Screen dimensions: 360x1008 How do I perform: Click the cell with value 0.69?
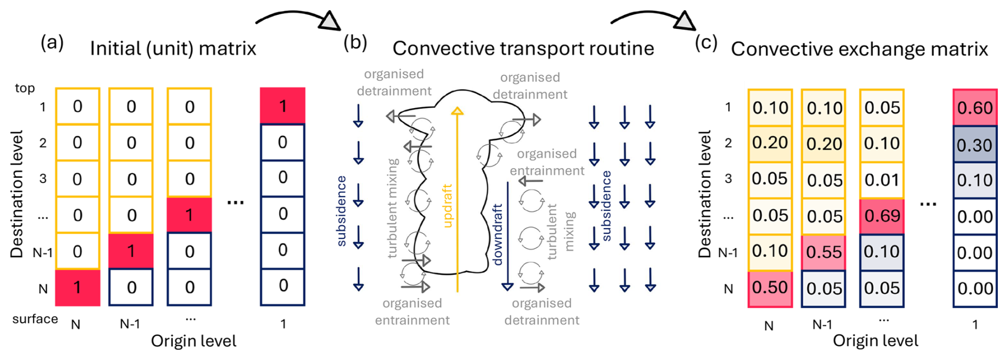pos(882,216)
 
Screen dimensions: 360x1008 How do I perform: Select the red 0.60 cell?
pos(974,108)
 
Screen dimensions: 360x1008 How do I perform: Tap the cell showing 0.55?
pos(823,252)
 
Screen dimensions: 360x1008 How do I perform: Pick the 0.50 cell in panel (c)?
pos(770,288)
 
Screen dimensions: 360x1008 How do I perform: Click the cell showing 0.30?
pos(974,144)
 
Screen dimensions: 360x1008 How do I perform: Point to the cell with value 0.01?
pos(882,180)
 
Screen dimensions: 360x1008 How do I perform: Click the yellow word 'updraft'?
pos(447,206)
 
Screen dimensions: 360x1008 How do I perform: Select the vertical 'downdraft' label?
pos(498,234)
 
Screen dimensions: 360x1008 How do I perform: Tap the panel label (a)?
pos(52,42)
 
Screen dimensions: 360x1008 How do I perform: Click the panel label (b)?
pos(355,42)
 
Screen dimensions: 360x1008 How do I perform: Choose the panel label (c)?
pos(706,42)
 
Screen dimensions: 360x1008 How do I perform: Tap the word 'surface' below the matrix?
pos(35,319)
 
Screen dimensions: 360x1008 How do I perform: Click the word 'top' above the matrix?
pos(25,88)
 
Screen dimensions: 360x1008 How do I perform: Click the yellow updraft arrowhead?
pos(457,111)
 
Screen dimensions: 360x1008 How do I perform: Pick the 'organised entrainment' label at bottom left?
pos(412,312)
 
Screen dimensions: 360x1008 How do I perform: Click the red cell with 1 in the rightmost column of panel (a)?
pos(282,106)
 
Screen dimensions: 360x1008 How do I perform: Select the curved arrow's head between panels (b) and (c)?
pos(685,21)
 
